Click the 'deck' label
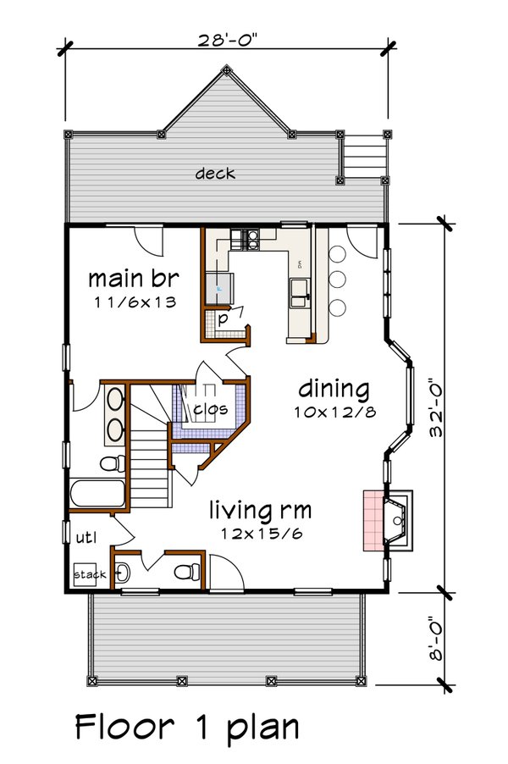(x=215, y=174)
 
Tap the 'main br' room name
(x=134, y=279)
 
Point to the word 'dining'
(x=334, y=390)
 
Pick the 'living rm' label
(x=260, y=511)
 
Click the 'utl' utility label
(x=86, y=537)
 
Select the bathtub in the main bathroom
(x=96, y=495)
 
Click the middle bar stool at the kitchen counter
(x=339, y=279)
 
